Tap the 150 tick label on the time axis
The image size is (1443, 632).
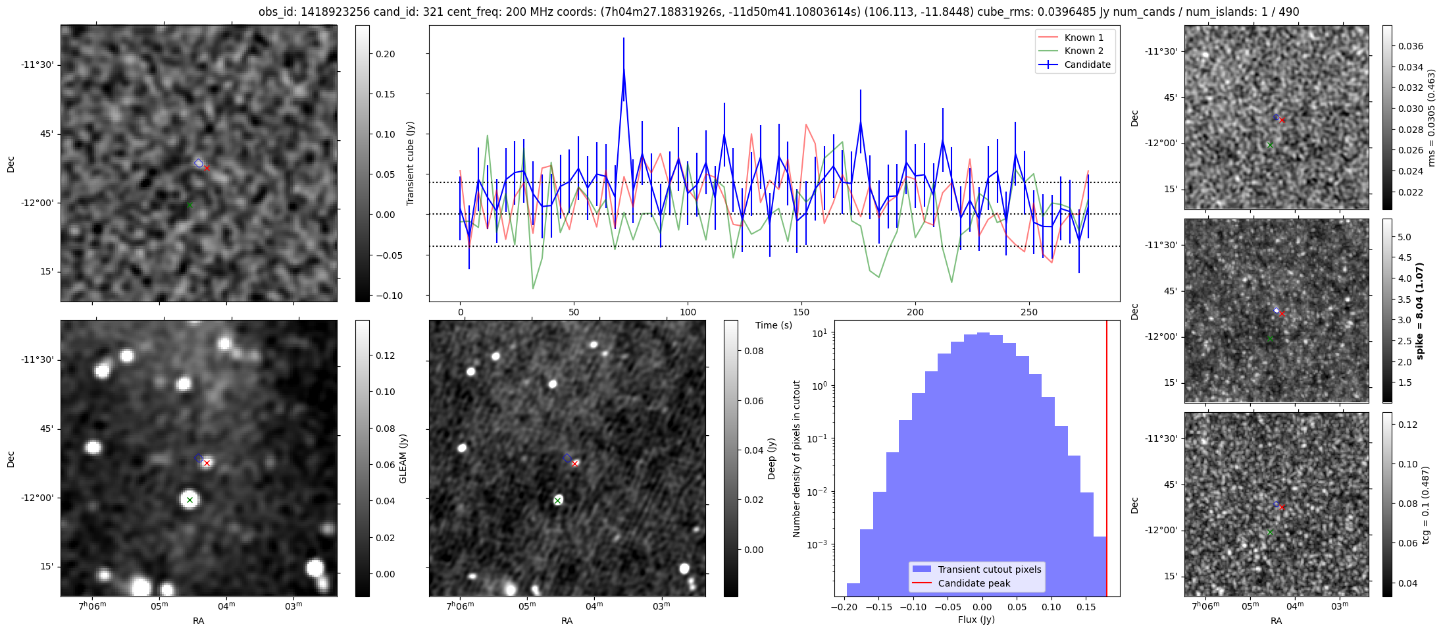(801, 312)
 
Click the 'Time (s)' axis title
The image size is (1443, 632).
(774, 325)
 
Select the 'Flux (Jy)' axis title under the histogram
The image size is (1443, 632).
(976, 619)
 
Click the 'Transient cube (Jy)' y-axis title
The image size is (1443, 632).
(411, 163)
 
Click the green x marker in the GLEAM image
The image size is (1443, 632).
(190, 500)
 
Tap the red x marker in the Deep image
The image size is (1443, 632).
(574, 463)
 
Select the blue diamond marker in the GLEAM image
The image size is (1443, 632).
(198, 458)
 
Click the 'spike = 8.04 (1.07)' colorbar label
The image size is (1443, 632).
(1419, 311)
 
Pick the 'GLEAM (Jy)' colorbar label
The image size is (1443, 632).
(403, 458)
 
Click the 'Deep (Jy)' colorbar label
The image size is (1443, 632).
(772, 458)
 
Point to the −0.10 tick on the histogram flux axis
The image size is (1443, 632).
(912, 607)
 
